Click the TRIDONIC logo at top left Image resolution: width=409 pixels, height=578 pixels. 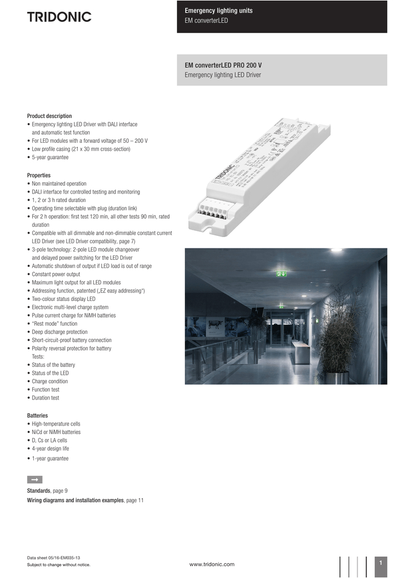[59, 17]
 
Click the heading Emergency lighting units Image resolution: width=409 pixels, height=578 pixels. [219, 11]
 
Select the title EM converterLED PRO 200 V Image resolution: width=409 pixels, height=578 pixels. [223, 65]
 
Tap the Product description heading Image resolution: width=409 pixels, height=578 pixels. [50, 116]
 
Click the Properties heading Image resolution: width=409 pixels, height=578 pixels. [39, 176]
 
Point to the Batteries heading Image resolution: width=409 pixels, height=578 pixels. [37, 415]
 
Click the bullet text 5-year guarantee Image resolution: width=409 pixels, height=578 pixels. [50, 157]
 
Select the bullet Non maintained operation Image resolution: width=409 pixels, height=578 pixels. [59, 184]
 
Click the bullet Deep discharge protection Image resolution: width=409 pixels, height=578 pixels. [59, 332]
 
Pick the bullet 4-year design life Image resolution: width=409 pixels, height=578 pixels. [50, 449]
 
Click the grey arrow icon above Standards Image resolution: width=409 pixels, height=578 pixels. [34, 480]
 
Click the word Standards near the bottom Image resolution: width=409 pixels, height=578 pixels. [39, 491]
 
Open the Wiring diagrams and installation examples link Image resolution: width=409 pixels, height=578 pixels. [76, 500]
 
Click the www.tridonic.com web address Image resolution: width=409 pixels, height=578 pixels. [212, 564]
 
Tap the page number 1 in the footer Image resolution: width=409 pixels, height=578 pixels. [381, 563]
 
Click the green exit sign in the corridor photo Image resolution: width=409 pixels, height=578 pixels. [282, 274]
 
